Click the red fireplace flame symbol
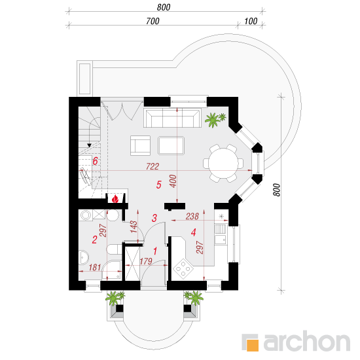click(x=115, y=199)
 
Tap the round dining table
click(x=223, y=163)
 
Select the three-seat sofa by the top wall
click(x=172, y=118)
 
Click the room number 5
click(x=158, y=185)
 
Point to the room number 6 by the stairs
click(x=96, y=161)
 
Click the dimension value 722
click(x=153, y=166)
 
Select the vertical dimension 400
click(x=173, y=181)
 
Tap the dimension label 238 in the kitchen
click(x=192, y=216)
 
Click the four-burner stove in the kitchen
click(x=183, y=268)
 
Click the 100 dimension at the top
click(x=251, y=21)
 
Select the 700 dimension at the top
click(x=153, y=21)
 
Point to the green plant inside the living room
click(x=215, y=120)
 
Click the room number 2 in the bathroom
click(x=94, y=240)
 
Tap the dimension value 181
click(x=95, y=267)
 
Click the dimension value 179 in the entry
click(x=146, y=261)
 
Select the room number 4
click(x=194, y=232)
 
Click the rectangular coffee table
click(x=171, y=145)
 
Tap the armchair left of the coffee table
click(x=140, y=145)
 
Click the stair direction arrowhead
click(x=89, y=145)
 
